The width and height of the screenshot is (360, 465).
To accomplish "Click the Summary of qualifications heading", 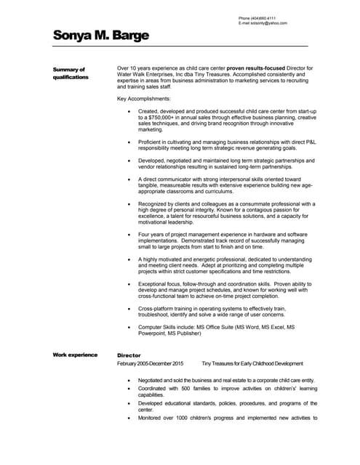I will click(71, 73).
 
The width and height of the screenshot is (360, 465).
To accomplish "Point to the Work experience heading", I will click(75, 355).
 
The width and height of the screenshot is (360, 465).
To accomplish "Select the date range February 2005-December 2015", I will click(151, 363).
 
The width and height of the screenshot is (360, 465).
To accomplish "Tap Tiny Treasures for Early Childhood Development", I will click(252, 363).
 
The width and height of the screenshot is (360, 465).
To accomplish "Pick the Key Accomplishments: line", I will click(144, 98).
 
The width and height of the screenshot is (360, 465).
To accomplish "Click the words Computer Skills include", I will click(164, 328).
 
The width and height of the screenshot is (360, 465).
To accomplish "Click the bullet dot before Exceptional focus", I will click(129, 285).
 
